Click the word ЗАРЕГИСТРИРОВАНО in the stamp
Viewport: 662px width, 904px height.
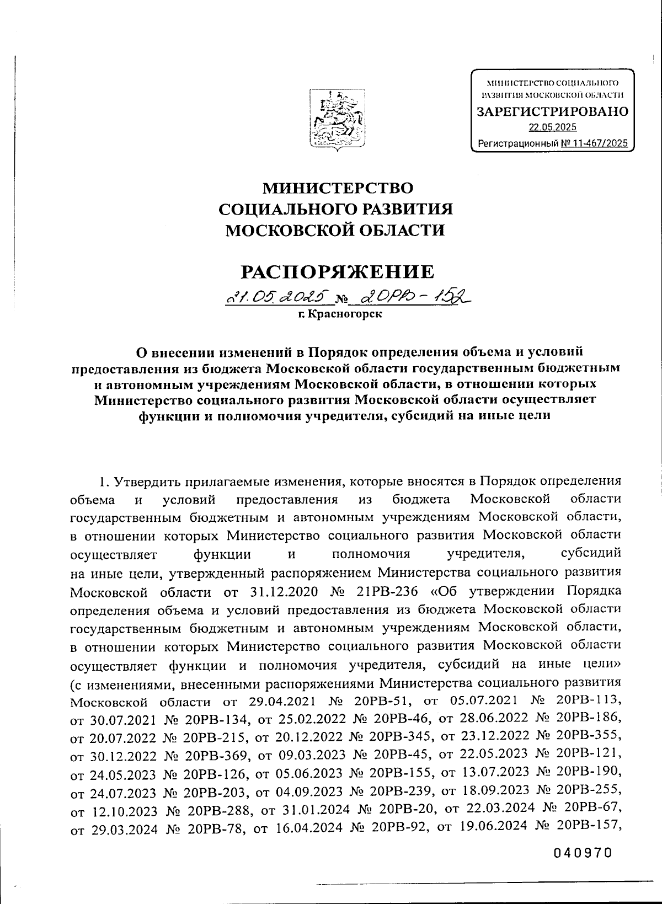click(552, 111)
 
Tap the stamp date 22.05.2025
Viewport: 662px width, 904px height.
click(552, 127)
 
